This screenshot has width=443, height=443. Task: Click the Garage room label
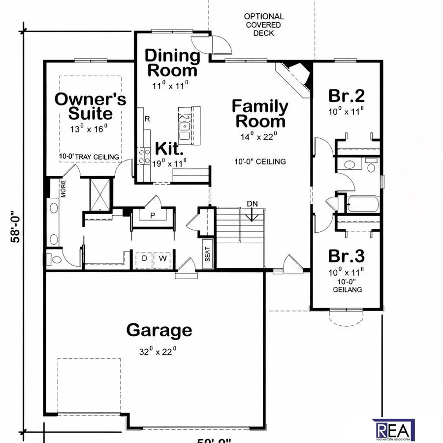point(159,330)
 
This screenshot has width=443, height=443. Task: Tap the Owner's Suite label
point(90,106)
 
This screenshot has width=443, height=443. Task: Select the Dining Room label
point(172,63)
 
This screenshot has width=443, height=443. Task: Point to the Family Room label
point(260,113)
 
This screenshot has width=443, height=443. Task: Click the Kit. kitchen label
point(170,148)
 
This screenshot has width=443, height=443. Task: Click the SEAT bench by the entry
point(207,255)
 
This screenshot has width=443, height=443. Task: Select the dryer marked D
point(145,258)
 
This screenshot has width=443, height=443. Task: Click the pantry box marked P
point(153,215)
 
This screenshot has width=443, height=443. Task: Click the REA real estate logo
point(395,429)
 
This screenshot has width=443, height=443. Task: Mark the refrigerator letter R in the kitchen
point(147,119)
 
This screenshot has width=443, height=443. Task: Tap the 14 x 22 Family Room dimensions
point(259,136)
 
